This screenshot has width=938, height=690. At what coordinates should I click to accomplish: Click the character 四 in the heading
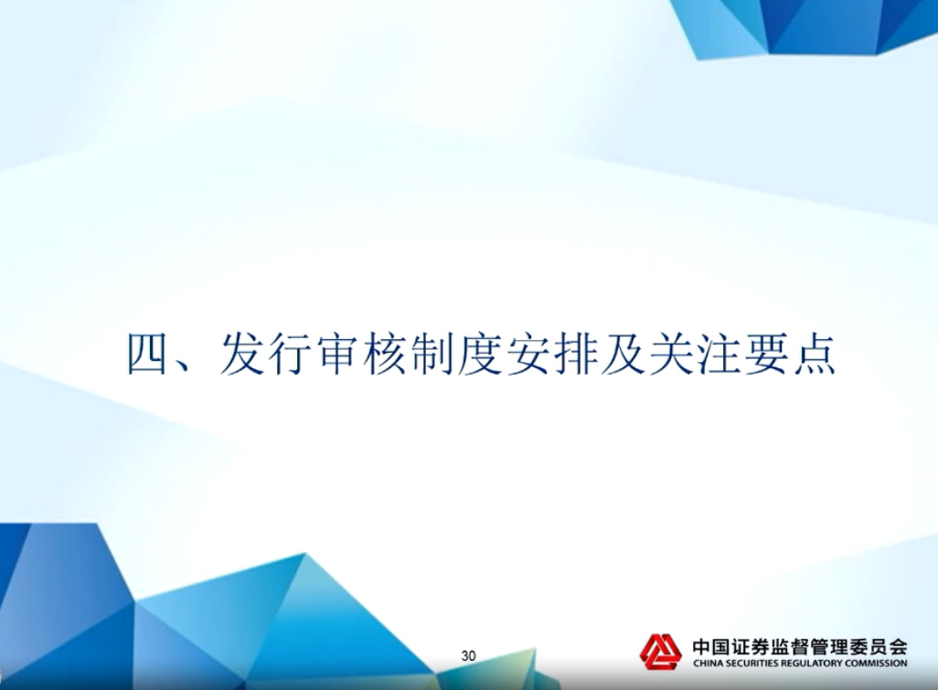point(146,354)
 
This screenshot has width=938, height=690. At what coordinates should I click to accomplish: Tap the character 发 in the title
point(241,354)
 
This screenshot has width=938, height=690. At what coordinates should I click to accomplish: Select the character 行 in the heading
point(290,354)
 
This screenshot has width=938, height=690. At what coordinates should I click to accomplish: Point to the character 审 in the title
point(338,354)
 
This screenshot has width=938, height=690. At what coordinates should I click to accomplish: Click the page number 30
point(468,656)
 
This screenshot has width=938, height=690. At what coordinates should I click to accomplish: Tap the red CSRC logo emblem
point(660,651)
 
